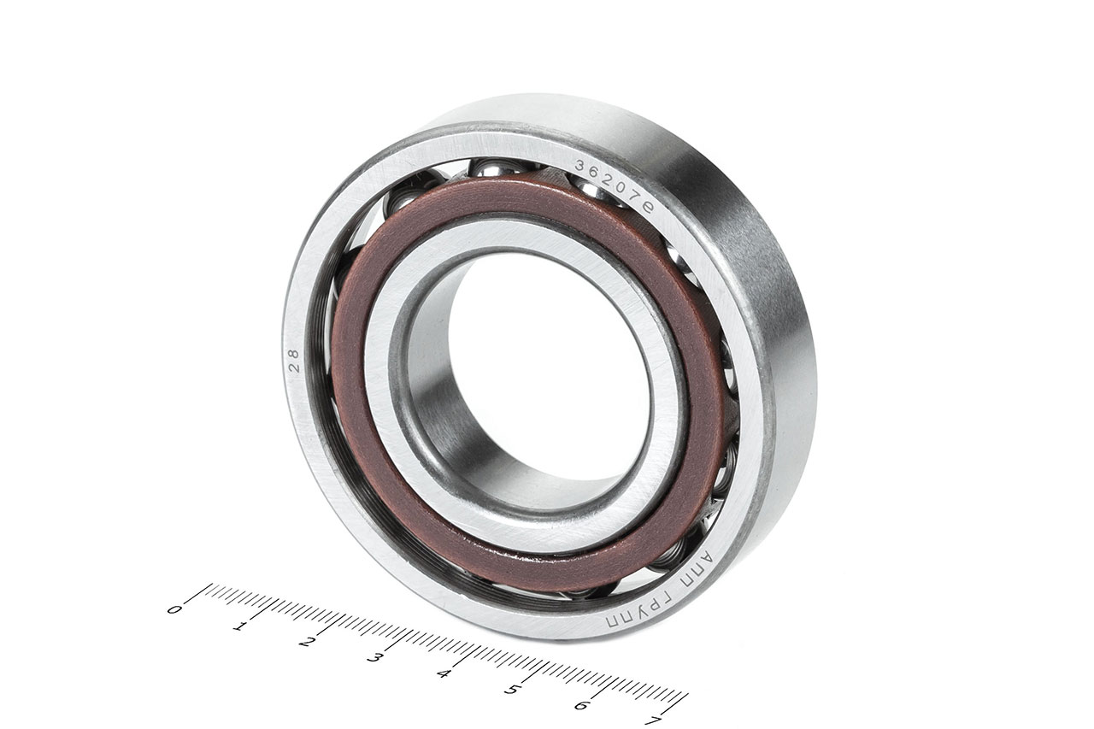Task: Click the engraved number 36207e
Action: tap(614, 186)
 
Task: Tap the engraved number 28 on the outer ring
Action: tap(294, 361)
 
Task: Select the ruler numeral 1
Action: tap(238, 626)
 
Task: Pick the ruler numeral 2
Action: tap(305, 642)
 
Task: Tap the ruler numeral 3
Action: tap(373, 658)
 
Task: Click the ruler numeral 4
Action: tap(443, 674)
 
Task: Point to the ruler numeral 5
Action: tap(511, 691)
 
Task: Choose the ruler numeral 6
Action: tap(580, 706)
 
